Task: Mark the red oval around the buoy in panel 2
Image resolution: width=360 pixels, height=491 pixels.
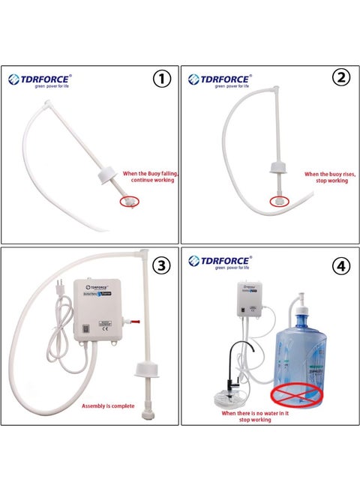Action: pos(278,201)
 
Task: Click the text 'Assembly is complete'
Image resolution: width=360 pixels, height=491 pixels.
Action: pos(108,406)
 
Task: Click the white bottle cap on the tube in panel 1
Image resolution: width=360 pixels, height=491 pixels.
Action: pos(108,178)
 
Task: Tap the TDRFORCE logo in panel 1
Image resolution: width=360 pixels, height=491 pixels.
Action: pos(40,79)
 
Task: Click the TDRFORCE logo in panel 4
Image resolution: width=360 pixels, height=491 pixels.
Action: pos(221,262)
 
